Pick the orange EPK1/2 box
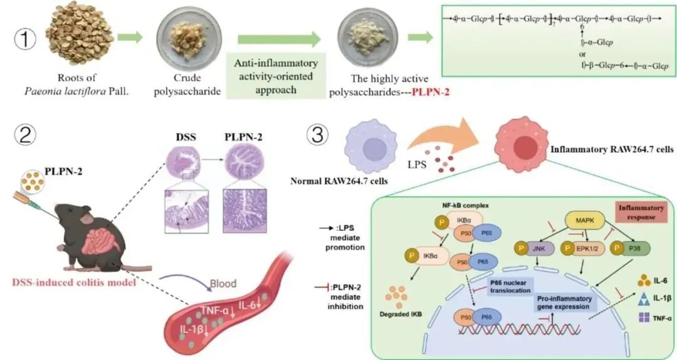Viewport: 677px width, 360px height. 585,249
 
